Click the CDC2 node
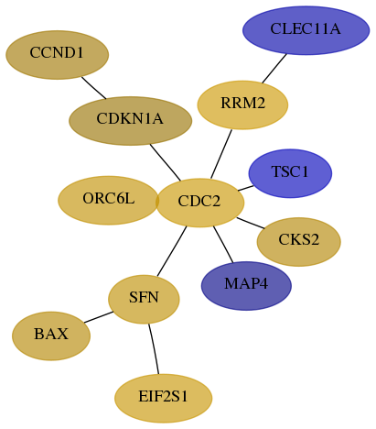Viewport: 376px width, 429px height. click(x=200, y=203)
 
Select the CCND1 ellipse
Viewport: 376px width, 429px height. click(x=58, y=55)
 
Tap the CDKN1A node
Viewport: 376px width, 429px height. click(x=131, y=121)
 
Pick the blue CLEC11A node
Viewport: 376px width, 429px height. click(x=306, y=30)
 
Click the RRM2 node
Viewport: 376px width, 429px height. click(x=242, y=105)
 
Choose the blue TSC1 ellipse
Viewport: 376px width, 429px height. click(x=290, y=173)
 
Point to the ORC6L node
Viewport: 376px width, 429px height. click(x=109, y=201)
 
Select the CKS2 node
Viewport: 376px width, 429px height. click(x=299, y=242)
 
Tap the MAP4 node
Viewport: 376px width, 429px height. click(x=246, y=286)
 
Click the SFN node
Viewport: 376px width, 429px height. click(x=144, y=300)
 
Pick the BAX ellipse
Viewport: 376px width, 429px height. click(x=51, y=336)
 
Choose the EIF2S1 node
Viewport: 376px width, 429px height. click(x=164, y=399)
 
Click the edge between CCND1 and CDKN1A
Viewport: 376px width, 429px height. click(x=93, y=88)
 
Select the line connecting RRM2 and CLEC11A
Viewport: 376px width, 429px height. click(x=274, y=68)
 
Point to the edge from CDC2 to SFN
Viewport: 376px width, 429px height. click(x=172, y=251)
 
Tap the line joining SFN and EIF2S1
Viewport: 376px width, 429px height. click(x=155, y=348)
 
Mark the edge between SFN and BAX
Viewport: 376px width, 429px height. click(x=99, y=317)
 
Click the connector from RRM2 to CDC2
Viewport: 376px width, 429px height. click(x=221, y=154)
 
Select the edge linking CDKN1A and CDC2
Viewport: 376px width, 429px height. click(x=166, y=162)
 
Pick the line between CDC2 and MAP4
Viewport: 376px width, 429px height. click(x=223, y=244)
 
